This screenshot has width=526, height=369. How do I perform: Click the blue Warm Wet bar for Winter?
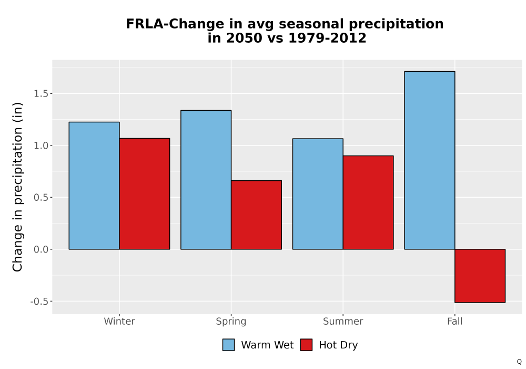94,186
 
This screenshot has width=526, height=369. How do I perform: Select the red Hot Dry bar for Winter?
145,193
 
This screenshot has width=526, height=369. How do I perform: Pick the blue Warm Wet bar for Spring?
206,180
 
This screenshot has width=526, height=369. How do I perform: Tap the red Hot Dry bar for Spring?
256,215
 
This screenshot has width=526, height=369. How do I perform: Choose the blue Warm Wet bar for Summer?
318,194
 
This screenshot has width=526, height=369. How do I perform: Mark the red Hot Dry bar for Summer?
368,202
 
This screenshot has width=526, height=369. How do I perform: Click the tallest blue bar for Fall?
430,160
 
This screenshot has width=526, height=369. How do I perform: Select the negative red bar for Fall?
480,276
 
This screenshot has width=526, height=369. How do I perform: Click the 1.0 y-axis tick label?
41,145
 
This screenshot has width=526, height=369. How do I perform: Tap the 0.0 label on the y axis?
41,249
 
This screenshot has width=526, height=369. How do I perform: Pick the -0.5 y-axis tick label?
39,302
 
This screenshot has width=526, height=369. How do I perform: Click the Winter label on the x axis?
119,321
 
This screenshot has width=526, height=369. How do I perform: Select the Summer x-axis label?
343,321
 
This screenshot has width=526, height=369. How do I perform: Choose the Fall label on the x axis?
455,321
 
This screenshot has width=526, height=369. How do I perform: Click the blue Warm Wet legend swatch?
228,345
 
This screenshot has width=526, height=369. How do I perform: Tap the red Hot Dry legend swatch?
306,345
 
